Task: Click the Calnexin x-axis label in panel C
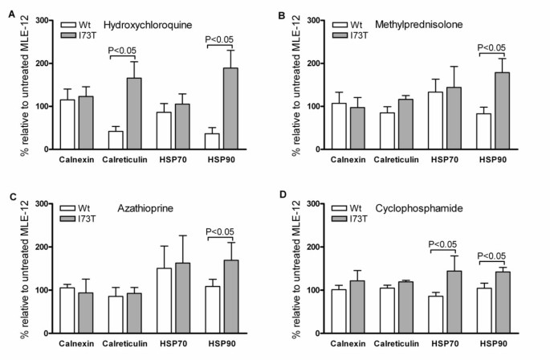(x=75, y=346)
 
